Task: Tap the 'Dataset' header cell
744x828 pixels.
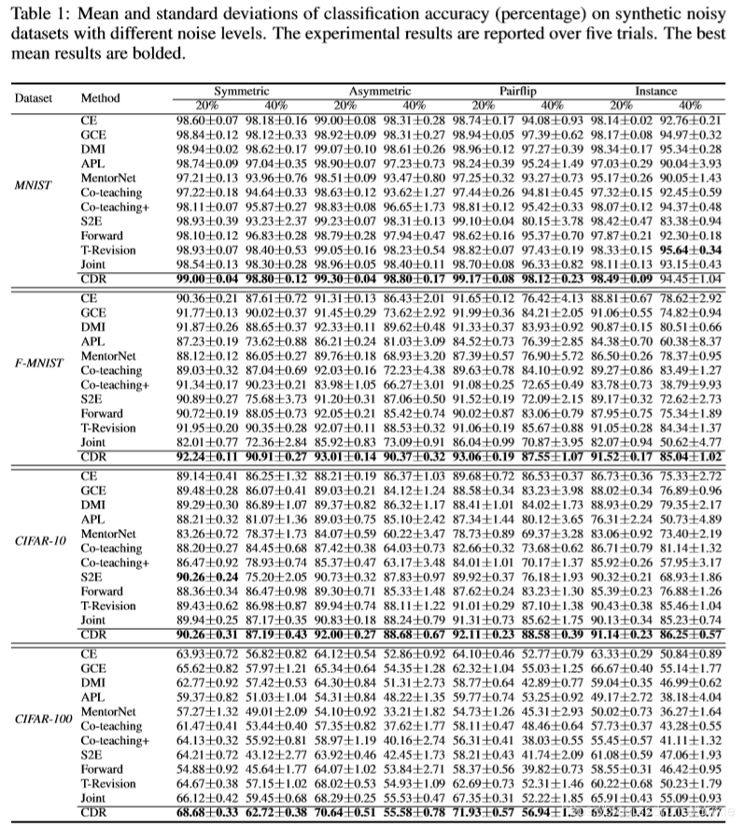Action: (34, 97)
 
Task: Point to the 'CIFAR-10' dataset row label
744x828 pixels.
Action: (39, 541)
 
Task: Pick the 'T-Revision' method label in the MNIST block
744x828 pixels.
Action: (107, 251)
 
